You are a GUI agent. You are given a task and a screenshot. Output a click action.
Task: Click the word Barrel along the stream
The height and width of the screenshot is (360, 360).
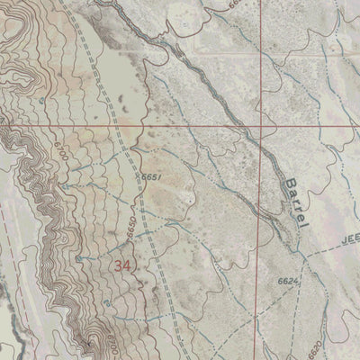tap(295, 201)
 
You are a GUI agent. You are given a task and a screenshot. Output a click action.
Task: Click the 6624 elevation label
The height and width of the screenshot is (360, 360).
tap(288, 283)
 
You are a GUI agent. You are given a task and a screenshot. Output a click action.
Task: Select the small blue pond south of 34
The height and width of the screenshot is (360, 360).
tap(108, 304)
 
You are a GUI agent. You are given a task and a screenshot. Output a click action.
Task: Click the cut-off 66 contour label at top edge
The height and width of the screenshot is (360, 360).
tap(235, 4)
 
